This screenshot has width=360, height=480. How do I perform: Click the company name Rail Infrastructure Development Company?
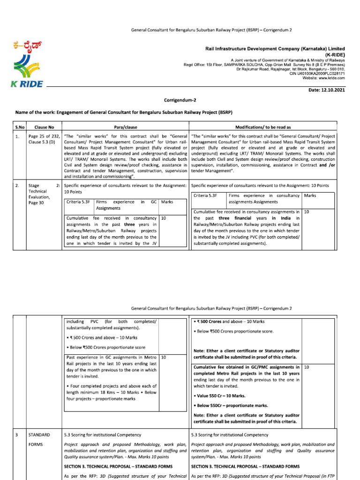tap(275, 48)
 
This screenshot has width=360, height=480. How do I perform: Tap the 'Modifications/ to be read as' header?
tap(263, 127)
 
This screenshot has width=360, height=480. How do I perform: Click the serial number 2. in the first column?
tap(17, 186)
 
